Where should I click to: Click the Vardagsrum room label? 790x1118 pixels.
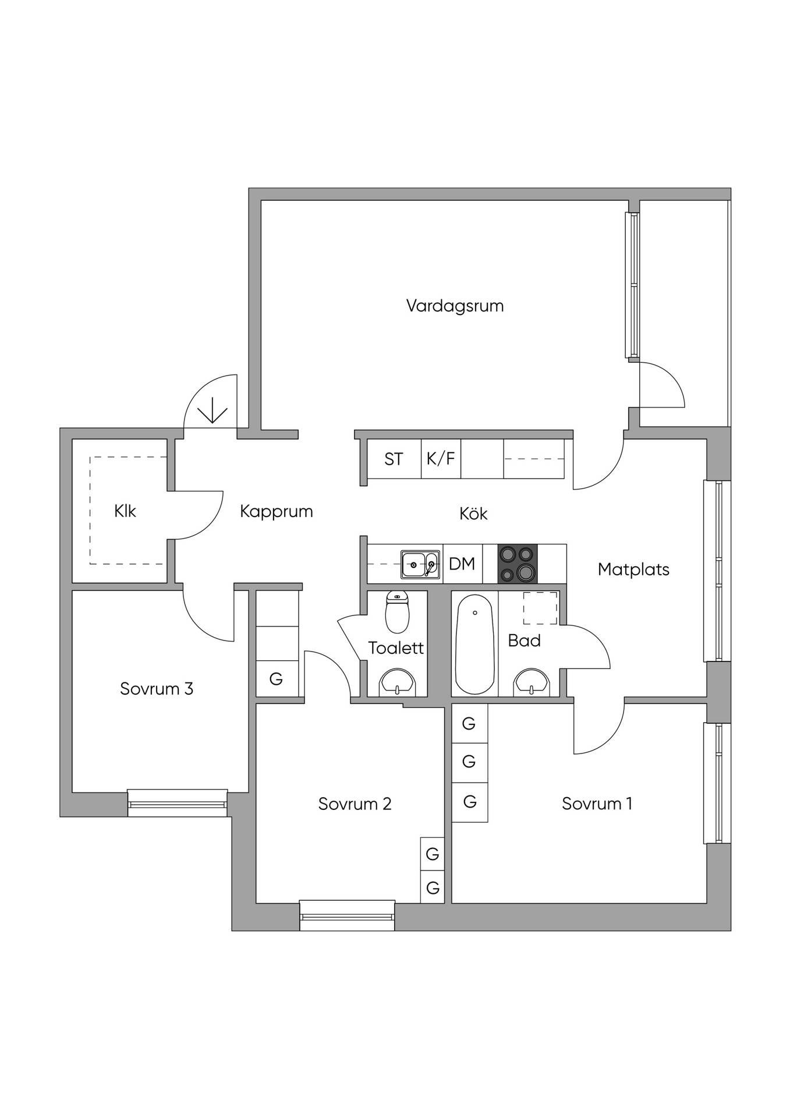pyautogui.click(x=455, y=306)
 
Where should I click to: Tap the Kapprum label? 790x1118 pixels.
pyautogui.click(x=277, y=512)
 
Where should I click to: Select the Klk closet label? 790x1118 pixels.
pyautogui.click(x=125, y=511)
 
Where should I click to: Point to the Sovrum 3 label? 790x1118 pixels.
pyautogui.click(x=157, y=689)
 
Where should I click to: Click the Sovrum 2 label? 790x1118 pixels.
pyautogui.click(x=355, y=804)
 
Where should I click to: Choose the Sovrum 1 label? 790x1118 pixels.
pyautogui.click(x=597, y=804)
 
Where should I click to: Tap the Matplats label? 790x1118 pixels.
pyautogui.click(x=633, y=569)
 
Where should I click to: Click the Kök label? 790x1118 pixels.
pyautogui.click(x=473, y=514)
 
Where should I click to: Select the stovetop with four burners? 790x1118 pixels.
pyautogui.click(x=518, y=564)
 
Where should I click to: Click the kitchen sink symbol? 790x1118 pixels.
pyautogui.click(x=420, y=564)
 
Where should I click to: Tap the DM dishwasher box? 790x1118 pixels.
pyautogui.click(x=462, y=564)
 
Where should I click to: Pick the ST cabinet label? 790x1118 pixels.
pyautogui.click(x=394, y=459)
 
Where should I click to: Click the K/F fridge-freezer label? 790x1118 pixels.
pyautogui.click(x=441, y=459)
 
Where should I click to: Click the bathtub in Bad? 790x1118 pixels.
pyautogui.click(x=476, y=644)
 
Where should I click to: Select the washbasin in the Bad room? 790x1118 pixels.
pyautogui.click(x=532, y=682)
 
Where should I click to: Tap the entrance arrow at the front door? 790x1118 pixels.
pyautogui.click(x=212, y=410)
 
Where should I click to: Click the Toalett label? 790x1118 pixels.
pyautogui.click(x=396, y=648)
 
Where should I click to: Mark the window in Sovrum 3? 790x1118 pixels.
pyautogui.click(x=178, y=803)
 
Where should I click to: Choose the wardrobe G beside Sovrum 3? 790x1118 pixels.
pyautogui.click(x=277, y=679)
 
